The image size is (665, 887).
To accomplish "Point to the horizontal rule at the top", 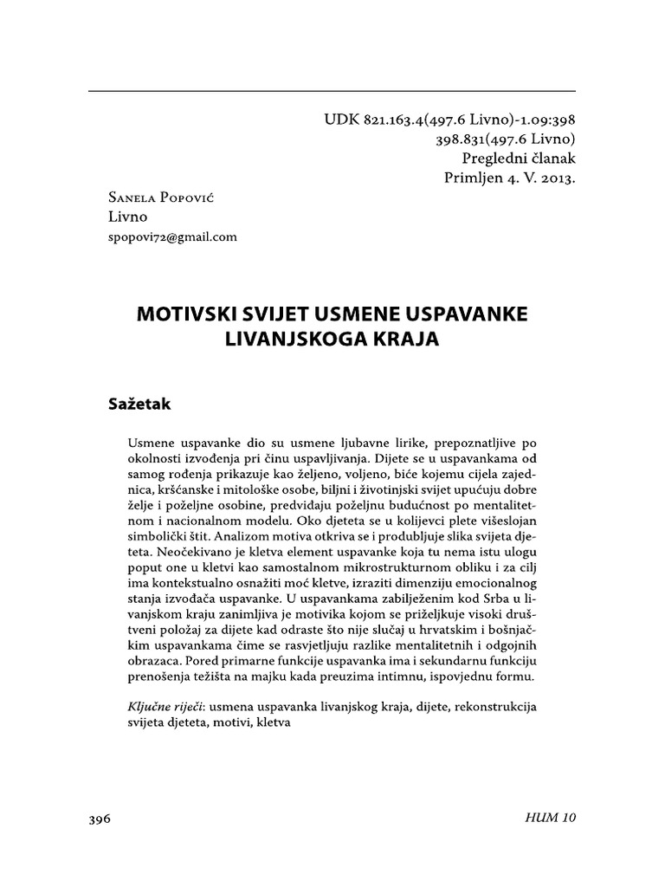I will (332, 90).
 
